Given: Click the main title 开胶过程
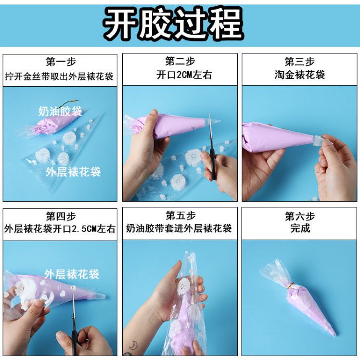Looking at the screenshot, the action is click(x=174, y=24).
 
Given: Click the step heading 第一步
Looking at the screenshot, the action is click(x=61, y=62).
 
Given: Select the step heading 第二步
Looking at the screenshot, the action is click(x=180, y=61).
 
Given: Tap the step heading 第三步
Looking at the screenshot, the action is click(x=300, y=61).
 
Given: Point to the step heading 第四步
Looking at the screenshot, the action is click(x=61, y=216).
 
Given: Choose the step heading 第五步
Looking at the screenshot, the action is click(x=180, y=216).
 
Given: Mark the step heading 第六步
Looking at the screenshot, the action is click(x=300, y=216).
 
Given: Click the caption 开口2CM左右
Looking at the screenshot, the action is click(x=184, y=75).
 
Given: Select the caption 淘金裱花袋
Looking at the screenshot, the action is click(x=300, y=75).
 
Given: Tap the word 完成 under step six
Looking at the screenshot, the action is click(x=300, y=228).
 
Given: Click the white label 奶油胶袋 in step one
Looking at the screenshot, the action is click(x=60, y=111).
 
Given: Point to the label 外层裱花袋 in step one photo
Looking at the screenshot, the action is click(x=73, y=172).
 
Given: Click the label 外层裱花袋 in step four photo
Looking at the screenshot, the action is click(x=72, y=274).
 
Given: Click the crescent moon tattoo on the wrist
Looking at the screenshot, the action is click(x=133, y=345).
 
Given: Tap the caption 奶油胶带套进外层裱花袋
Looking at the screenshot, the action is click(x=179, y=229).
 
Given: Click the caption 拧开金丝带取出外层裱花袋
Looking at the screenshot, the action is click(x=59, y=77).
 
